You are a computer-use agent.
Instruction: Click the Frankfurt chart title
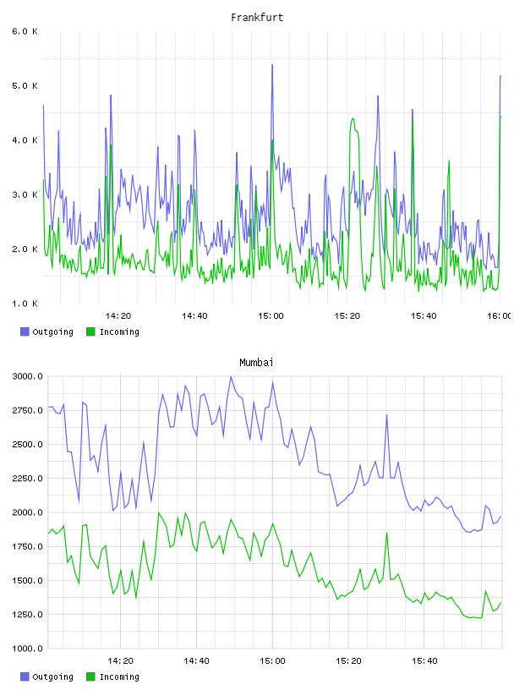pyautogui.click(x=257, y=18)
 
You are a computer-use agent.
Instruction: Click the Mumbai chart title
pyautogui.click(x=256, y=363)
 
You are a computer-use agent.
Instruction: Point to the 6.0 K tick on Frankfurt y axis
pyautogui.click(x=25, y=31)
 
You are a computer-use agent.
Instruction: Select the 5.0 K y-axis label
pyautogui.click(x=25, y=85)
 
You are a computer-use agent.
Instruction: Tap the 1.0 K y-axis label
pyautogui.click(x=25, y=304)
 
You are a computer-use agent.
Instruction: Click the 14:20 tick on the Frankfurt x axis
pyautogui.click(x=118, y=316)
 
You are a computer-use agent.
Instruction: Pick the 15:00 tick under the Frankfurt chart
pyautogui.click(x=271, y=316)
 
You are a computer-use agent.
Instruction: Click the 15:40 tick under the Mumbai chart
pyautogui.click(x=424, y=661)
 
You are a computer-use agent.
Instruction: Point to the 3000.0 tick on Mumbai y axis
pyautogui.click(x=28, y=376)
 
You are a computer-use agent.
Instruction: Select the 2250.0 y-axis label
pyautogui.click(x=28, y=479)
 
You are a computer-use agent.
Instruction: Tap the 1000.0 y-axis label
pyautogui.click(x=28, y=649)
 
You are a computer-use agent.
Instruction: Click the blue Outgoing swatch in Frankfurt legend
pyautogui.click(x=25, y=331)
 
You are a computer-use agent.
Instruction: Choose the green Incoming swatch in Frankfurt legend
pyautogui.click(x=90, y=331)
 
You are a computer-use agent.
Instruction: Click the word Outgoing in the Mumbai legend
pyautogui.click(x=52, y=676)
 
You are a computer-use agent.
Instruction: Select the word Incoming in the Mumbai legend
pyautogui.click(x=119, y=676)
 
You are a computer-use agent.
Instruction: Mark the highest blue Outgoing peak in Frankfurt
pyautogui.click(x=272, y=65)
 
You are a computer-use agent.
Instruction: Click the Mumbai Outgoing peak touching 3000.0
pyautogui.click(x=231, y=376)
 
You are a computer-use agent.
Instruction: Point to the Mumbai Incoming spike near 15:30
pyautogui.click(x=387, y=534)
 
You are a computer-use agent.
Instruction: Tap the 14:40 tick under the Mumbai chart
pyautogui.click(x=196, y=661)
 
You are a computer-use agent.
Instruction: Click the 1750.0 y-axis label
pyautogui.click(x=28, y=546)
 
